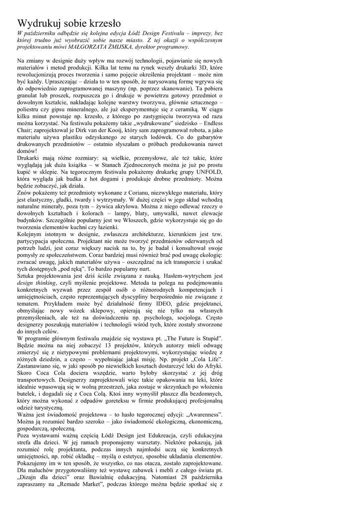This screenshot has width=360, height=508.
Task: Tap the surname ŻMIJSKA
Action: click(x=129, y=47)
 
